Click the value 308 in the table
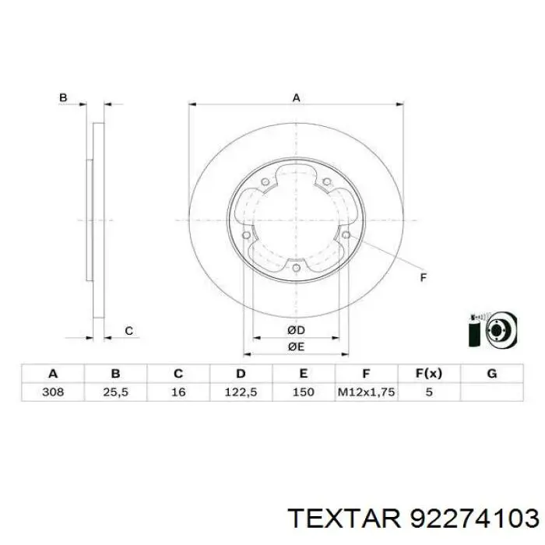point(53,392)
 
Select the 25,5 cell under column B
point(116,392)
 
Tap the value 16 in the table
point(178,392)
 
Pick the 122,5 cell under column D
point(241,392)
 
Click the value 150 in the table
point(304,392)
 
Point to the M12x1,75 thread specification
point(367,392)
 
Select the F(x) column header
point(429,374)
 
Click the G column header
point(492,374)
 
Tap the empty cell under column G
point(492,392)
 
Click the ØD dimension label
point(296,330)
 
